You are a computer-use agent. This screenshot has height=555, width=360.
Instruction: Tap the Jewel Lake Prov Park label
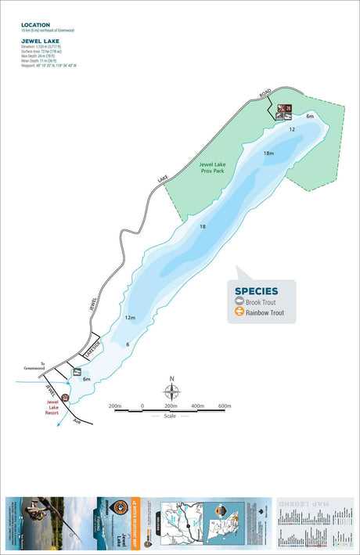click(x=211, y=167)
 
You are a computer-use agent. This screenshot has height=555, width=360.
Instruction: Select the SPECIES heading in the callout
click(x=256, y=291)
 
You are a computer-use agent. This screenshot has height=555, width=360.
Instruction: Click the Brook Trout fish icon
click(x=239, y=302)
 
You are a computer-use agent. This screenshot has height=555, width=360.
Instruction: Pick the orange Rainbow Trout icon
click(x=239, y=313)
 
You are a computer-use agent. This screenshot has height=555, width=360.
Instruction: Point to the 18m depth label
click(x=268, y=153)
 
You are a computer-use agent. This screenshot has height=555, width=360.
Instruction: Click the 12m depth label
click(x=130, y=318)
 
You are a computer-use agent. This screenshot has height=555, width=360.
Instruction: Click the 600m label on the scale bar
click(x=225, y=406)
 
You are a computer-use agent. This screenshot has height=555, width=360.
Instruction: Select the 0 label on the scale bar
click(x=142, y=406)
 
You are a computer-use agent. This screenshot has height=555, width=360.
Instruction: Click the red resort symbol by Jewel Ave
click(x=66, y=397)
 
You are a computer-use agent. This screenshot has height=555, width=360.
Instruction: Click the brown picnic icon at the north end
click(x=287, y=109)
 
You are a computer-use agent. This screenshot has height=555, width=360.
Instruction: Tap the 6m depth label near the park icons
click(x=310, y=117)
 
